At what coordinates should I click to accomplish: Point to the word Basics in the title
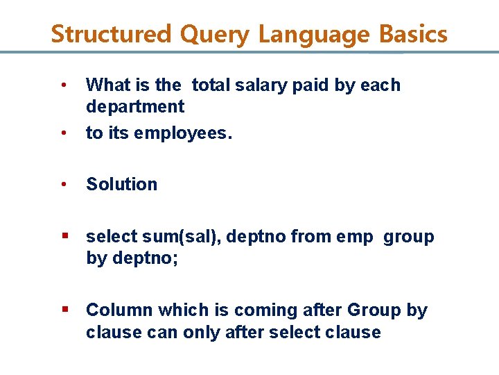(412, 34)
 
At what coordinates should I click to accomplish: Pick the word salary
(259, 85)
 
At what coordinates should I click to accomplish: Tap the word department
(135, 107)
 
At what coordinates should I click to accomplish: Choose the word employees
(188, 133)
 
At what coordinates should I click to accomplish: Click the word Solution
(122, 185)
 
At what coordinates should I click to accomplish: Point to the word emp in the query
(353, 237)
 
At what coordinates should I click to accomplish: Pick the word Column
(119, 310)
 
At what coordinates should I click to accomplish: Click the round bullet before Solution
(64, 185)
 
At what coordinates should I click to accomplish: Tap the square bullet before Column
(64, 309)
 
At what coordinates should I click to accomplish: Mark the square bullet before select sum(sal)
(64, 235)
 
